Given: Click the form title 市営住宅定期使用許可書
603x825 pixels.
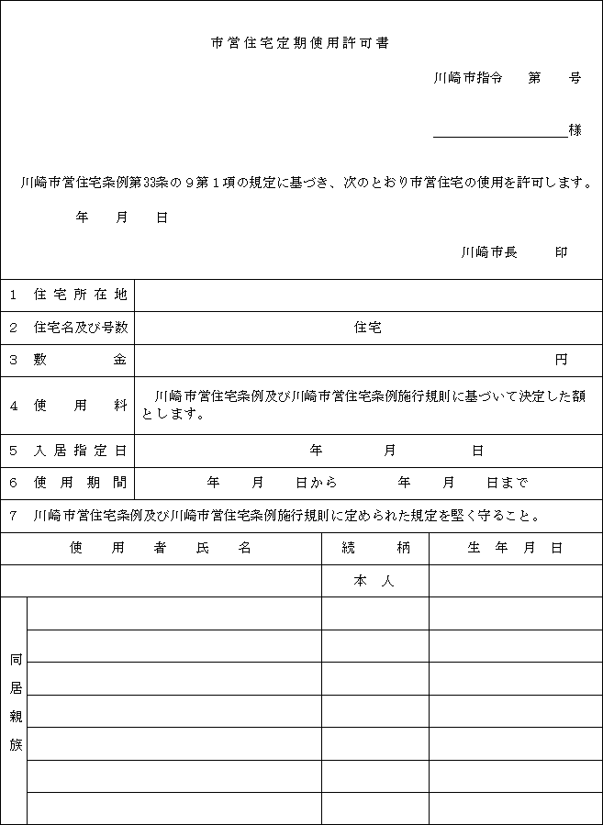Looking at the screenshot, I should (x=300, y=43).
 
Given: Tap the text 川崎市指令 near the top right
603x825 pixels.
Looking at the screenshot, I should (x=468, y=79).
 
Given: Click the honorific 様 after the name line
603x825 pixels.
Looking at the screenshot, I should (x=575, y=130).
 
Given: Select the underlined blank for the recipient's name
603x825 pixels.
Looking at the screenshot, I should (x=500, y=130).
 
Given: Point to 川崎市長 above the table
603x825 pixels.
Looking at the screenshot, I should (x=489, y=251).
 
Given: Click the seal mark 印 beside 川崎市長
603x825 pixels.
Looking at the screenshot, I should (x=561, y=251).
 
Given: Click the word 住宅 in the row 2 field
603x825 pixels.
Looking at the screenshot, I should (x=368, y=328).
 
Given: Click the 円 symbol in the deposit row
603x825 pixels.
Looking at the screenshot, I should (x=561, y=360).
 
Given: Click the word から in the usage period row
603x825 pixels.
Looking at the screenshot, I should (x=324, y=483).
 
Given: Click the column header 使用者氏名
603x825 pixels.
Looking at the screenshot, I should (x=161, y=548).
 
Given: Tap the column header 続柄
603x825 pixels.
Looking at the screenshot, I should (x=374, y=548).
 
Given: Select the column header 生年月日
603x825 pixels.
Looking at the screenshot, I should (x=515, y=548).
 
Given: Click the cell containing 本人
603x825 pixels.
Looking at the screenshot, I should (x=374, y=581).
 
